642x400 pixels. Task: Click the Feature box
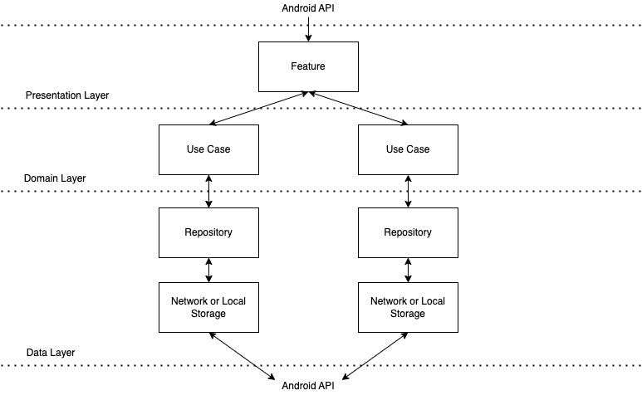[x=308, y=66]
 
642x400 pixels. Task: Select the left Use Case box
[x=208, y=149]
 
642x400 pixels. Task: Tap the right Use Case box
[x=408, y=149]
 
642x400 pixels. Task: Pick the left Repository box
[x=208, y=232]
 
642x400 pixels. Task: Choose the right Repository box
[x=408, y=232]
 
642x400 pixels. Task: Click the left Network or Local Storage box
[x=208, y=307]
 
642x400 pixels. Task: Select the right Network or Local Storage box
[x=408, y=307]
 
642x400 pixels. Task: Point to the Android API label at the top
[x=309, y=7]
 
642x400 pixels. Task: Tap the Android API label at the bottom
[x=309, y=386]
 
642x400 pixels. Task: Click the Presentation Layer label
[x=66, y=95]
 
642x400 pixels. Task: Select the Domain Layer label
[x=55, y=178]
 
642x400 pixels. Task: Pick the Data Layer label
[x=50, y=353]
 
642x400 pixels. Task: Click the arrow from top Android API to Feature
[x=308, y=27]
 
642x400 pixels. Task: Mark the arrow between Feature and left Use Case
[x=258, y=109]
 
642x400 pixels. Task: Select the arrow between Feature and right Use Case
[x=358, y=109]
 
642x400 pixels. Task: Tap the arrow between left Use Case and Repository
[x=208, y=191]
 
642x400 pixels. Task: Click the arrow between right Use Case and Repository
[x=408, y=191]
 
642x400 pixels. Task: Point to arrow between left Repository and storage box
[x=208, y=270]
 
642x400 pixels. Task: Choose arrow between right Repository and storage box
[x=408, y=270]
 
